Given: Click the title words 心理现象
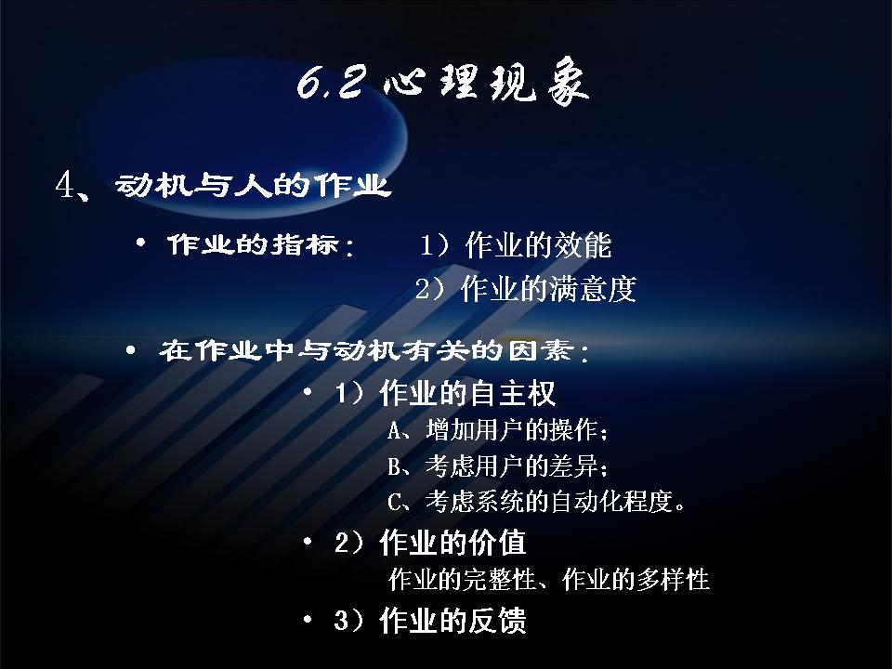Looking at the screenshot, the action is click(x=486, y=82).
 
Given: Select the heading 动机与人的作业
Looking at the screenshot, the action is click(x=253, y=185).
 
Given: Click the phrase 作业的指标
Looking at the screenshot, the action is click(x=253, y=244).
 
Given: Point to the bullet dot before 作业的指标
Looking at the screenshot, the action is click(x=140, y=243).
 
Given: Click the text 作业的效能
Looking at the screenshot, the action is click(x=538, y=245).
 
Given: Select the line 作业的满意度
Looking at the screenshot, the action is click(x=548, y=288).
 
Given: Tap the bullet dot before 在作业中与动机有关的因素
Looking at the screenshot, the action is click(x=130, y=350).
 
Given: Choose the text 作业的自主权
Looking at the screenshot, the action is click(x=467, y=393).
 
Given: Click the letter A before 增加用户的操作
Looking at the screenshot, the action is click(x=394, y=430).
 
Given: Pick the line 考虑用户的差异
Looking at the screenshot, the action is click(x=511, y=466).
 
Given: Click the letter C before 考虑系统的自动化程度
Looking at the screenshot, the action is click(x=394, y=503).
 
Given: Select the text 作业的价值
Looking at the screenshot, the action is click(x=453, y=542).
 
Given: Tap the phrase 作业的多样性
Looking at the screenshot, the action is click(x=636, y=580).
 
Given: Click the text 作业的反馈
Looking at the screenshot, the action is click(x=453, y=620).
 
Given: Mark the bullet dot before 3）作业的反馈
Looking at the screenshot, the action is click(x=308, y=619).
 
